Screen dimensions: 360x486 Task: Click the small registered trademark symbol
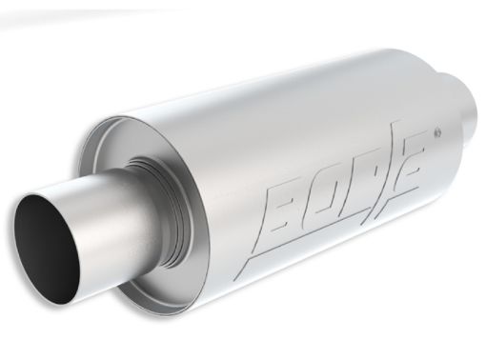[x=436, y=128]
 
